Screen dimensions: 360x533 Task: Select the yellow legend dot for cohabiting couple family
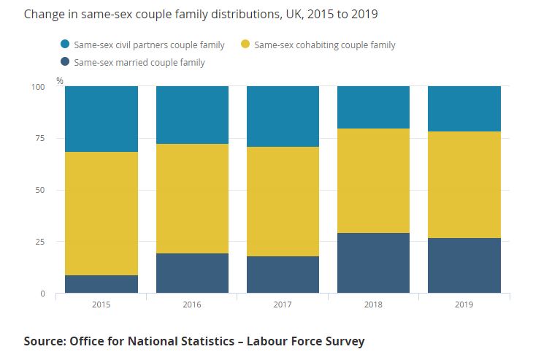pos(246,45)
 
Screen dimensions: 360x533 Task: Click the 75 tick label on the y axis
pos(40,139)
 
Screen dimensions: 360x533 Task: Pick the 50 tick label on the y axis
pos(40,190)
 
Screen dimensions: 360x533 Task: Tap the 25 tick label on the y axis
pos(40,242)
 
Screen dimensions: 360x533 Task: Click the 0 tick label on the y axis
pos(42,294)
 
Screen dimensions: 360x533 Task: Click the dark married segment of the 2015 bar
pos(101,284)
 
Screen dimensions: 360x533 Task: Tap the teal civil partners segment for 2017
pos(283,116)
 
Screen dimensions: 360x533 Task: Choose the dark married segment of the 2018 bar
pos(373,263)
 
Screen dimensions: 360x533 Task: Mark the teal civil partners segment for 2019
pos(464,109)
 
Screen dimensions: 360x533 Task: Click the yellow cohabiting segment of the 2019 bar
pos(464,185)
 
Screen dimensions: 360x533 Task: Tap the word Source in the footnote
pos(42,341)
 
